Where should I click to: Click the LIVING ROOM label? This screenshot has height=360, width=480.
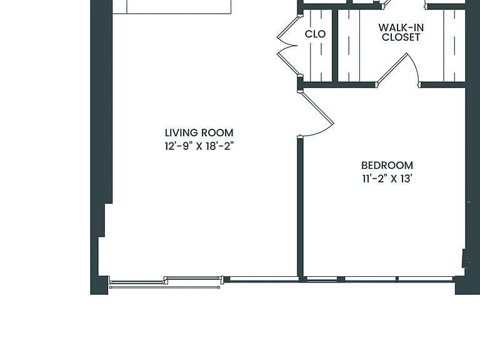tap(199, 133)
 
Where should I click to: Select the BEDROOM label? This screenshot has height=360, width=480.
tap(387, 165)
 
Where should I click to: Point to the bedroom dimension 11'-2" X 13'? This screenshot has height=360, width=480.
tap(387, 179)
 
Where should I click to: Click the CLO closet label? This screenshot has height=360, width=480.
tap(315, 34)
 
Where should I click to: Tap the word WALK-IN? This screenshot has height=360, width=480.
tap(401, 28)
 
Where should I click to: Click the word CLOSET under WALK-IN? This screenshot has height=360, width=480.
tap(401, 37)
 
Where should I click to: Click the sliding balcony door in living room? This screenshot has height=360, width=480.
tap(165, 282)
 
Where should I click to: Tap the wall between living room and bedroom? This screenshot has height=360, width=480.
tap(300, 208)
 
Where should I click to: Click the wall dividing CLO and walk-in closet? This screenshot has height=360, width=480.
tap(335, 45)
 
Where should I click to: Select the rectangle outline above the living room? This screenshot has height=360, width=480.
tap(172, 7)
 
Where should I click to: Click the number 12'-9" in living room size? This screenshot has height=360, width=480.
tap(179, 146)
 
